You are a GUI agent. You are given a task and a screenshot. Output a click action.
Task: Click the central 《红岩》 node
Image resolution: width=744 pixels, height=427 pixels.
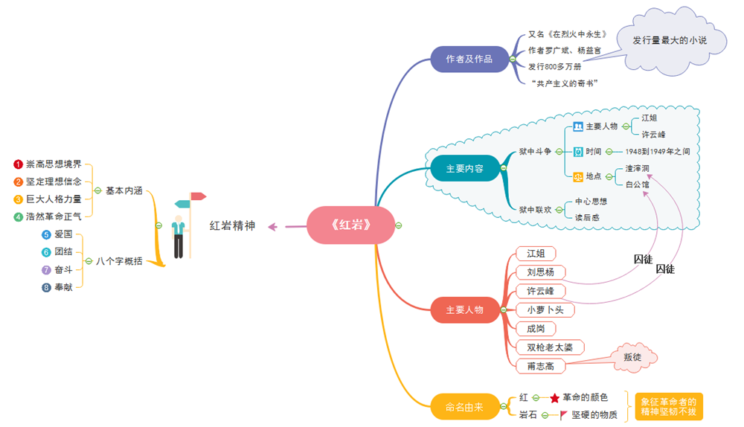point(350,225)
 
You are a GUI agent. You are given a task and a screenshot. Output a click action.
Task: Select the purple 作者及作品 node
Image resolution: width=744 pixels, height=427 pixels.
point(469,59)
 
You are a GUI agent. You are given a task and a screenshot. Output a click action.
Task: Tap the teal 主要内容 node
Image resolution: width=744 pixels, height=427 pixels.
point(464,169)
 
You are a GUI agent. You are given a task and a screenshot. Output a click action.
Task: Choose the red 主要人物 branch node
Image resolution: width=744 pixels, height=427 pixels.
point(464,309)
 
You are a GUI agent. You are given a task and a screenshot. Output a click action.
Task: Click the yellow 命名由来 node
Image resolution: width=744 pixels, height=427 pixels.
point(464,407)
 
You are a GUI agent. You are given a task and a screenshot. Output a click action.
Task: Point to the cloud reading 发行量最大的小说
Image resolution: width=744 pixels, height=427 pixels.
point(670,41)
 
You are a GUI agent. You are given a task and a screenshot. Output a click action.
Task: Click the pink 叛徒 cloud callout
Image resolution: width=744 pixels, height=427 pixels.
point(632,357)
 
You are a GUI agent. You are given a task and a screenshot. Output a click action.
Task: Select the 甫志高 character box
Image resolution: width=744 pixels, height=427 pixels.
point(540,366)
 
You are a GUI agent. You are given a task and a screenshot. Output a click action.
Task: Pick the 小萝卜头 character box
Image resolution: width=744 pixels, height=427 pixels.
point(545,309)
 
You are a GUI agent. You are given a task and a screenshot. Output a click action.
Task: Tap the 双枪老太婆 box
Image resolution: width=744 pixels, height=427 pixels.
point(550,347)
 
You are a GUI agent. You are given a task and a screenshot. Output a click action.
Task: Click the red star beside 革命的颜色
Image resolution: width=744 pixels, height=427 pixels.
point(554,398)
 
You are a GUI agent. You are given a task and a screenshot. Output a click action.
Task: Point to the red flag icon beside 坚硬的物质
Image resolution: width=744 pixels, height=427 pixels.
point(563,414)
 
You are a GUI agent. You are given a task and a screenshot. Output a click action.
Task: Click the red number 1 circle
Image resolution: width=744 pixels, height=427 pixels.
point(19,164)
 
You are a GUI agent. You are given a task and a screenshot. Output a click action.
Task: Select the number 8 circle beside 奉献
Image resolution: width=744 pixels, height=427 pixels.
point(46,287)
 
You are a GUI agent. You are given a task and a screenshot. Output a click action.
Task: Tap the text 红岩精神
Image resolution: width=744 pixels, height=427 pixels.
point(232,225)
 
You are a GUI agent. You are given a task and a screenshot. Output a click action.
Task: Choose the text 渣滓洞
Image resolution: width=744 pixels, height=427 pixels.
point(637,168)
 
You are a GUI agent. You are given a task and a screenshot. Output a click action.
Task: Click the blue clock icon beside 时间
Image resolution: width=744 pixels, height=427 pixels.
point(578,151)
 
